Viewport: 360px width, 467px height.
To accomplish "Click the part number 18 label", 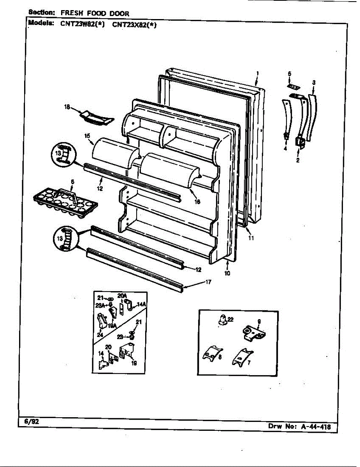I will click(x=67, y=107).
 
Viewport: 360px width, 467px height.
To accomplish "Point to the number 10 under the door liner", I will click(x=227, y=273).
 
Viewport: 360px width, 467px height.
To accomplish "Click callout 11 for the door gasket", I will click(x=251, y=238).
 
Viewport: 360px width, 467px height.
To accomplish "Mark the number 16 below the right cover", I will click(x=197, y=201).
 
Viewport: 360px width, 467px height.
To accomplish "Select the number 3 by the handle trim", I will click(x=314, y=82).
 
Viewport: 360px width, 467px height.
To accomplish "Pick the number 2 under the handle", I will click(x=297, y=160).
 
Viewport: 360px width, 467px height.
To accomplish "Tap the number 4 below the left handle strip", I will click(x=285, y=148).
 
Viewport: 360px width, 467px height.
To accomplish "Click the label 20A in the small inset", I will click(x=122, y=296).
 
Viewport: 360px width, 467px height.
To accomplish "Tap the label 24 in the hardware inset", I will click(x=100, y=334).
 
